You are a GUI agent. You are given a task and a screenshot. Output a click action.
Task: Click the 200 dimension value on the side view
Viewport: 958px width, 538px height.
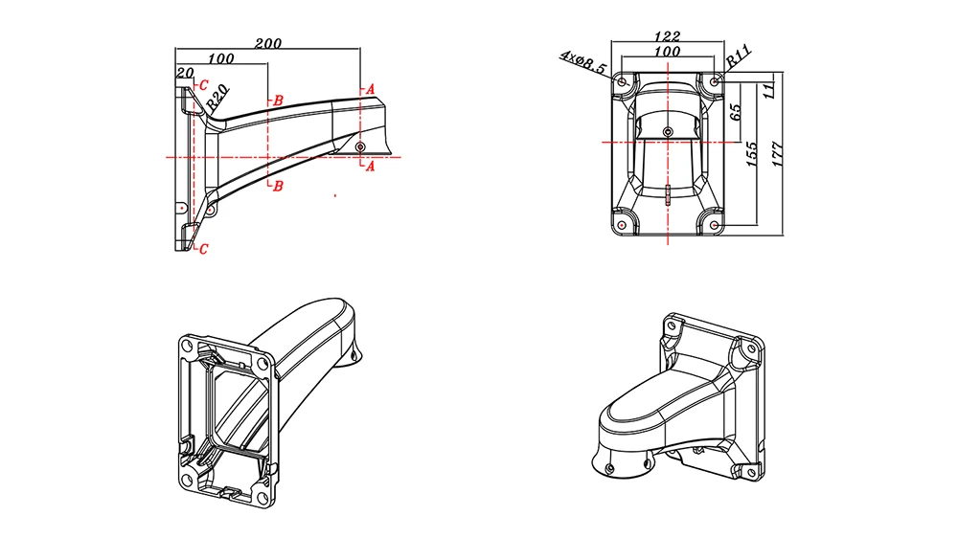268,43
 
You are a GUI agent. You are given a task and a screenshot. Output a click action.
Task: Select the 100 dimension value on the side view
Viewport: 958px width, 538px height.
221,58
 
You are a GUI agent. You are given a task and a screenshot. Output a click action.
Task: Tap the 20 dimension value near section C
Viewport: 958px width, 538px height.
185,73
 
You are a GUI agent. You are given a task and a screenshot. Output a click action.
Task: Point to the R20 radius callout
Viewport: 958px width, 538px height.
218,95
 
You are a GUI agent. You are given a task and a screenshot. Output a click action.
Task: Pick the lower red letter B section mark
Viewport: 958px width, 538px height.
278,186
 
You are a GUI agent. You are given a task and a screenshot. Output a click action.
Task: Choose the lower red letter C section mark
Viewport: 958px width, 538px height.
203,248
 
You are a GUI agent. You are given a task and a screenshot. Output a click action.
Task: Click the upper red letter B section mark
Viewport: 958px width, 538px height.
278,101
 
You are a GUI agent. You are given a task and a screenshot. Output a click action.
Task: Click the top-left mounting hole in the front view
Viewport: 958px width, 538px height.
623,83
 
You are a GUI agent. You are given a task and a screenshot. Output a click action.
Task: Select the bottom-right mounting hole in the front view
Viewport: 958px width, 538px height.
714,224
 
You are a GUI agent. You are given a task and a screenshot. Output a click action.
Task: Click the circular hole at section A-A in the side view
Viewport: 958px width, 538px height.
359,146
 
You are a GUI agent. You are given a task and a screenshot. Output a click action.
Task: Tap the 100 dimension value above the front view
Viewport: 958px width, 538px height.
668,51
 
